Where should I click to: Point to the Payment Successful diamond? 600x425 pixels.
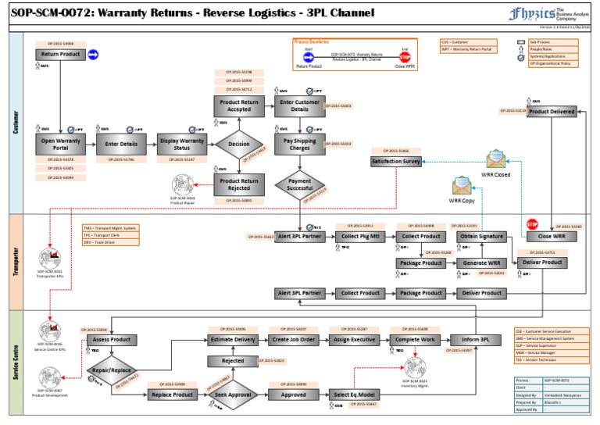(x=300, y=184)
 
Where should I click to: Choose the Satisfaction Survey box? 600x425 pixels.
(x=396, y=161)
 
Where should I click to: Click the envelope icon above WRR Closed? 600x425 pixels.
(x=497, y=159)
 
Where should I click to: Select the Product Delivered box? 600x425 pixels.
(x=552, y=112)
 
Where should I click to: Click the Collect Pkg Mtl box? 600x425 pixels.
(x=361, y=237)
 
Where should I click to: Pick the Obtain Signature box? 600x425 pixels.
(x=481, y=237)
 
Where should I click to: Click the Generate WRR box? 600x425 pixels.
(x=481, y=263)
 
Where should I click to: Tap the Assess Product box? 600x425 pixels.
(x=112, y=340)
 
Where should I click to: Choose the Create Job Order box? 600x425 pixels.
(x=293, y=340)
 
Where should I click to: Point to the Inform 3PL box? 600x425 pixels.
(x=475, y=340)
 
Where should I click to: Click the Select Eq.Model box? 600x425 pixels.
(x=354, y=395)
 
